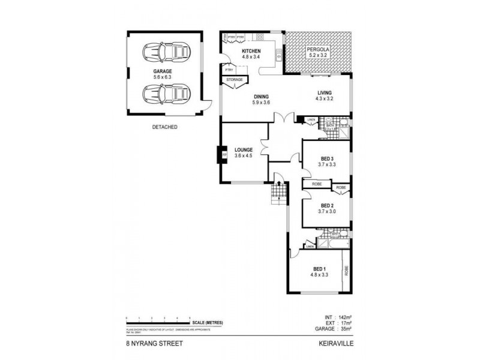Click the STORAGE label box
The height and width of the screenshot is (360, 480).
tap(235, 79)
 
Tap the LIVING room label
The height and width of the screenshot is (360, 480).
tap(324, 92)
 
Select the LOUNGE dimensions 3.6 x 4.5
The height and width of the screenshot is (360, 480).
tap(243, 156)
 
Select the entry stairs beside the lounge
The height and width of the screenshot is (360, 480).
tap(278, 191)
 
